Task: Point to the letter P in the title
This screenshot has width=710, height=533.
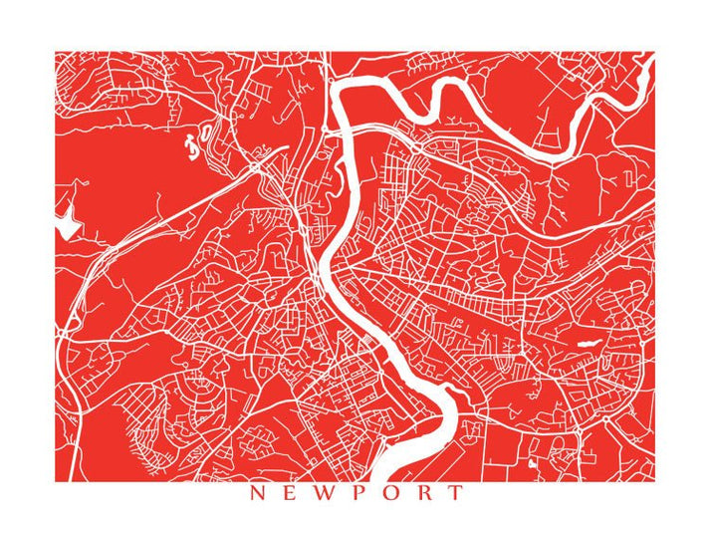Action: click(x=355, y=492)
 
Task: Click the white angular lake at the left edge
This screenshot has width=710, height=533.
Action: click(x=67, y=226)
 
